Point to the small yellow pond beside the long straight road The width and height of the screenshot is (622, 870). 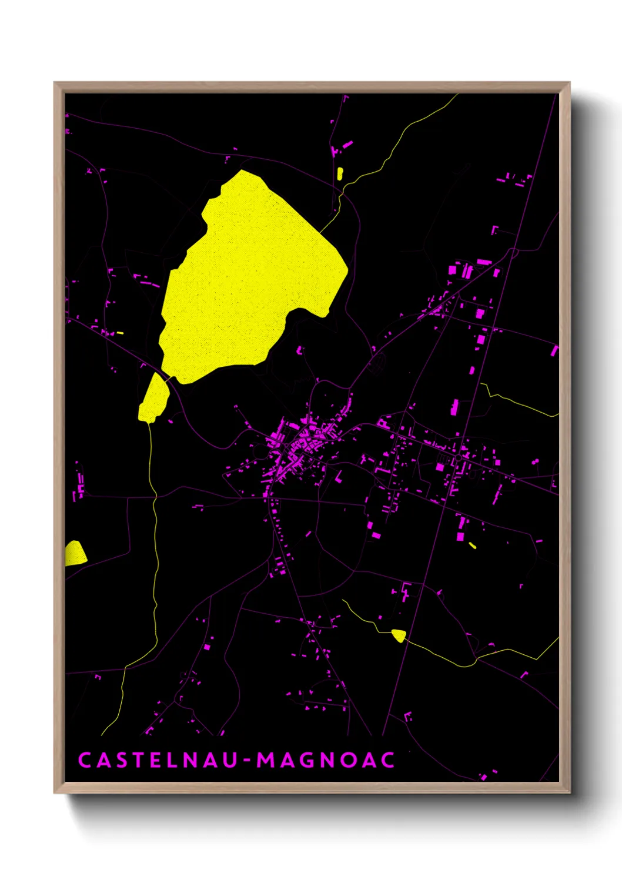click(x=399, y=635)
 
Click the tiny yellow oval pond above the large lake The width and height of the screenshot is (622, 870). click(x=340, y=173)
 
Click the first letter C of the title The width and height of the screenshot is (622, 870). click(x=84, y=760)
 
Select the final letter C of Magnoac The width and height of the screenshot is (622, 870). click(x=387, y=760)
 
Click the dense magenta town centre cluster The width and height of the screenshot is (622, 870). click(x=300, y=444)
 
